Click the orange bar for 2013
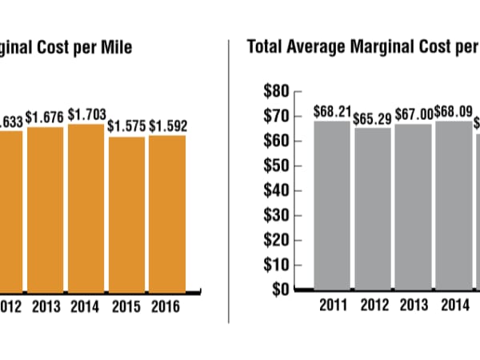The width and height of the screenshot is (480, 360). click(x=46, y=208)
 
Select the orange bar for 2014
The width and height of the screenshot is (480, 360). click(x=86, y=206)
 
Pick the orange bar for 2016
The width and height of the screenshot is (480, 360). click(x=167, y=212)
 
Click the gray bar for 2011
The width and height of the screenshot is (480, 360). click(x=332, y=205)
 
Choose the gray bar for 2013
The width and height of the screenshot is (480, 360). click(x=414, y=206)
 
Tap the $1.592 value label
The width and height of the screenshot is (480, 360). click(x=168, y=126)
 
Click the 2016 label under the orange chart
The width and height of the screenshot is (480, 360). click(x=166, y=307)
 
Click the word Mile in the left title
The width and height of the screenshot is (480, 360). click(x=114, y=46)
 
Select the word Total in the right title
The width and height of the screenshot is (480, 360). click(x=268, y=46)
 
